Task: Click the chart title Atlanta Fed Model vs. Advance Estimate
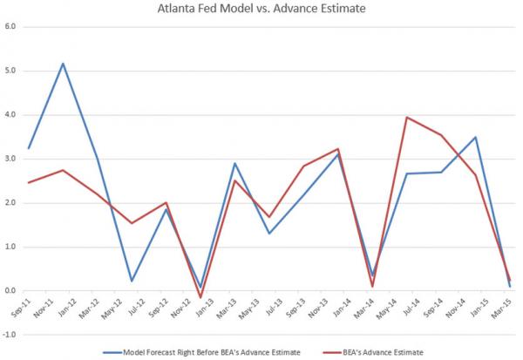(261, 10)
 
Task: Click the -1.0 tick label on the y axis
(10, 335)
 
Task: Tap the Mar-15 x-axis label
(499, 307)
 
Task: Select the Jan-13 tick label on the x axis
(202, 307)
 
